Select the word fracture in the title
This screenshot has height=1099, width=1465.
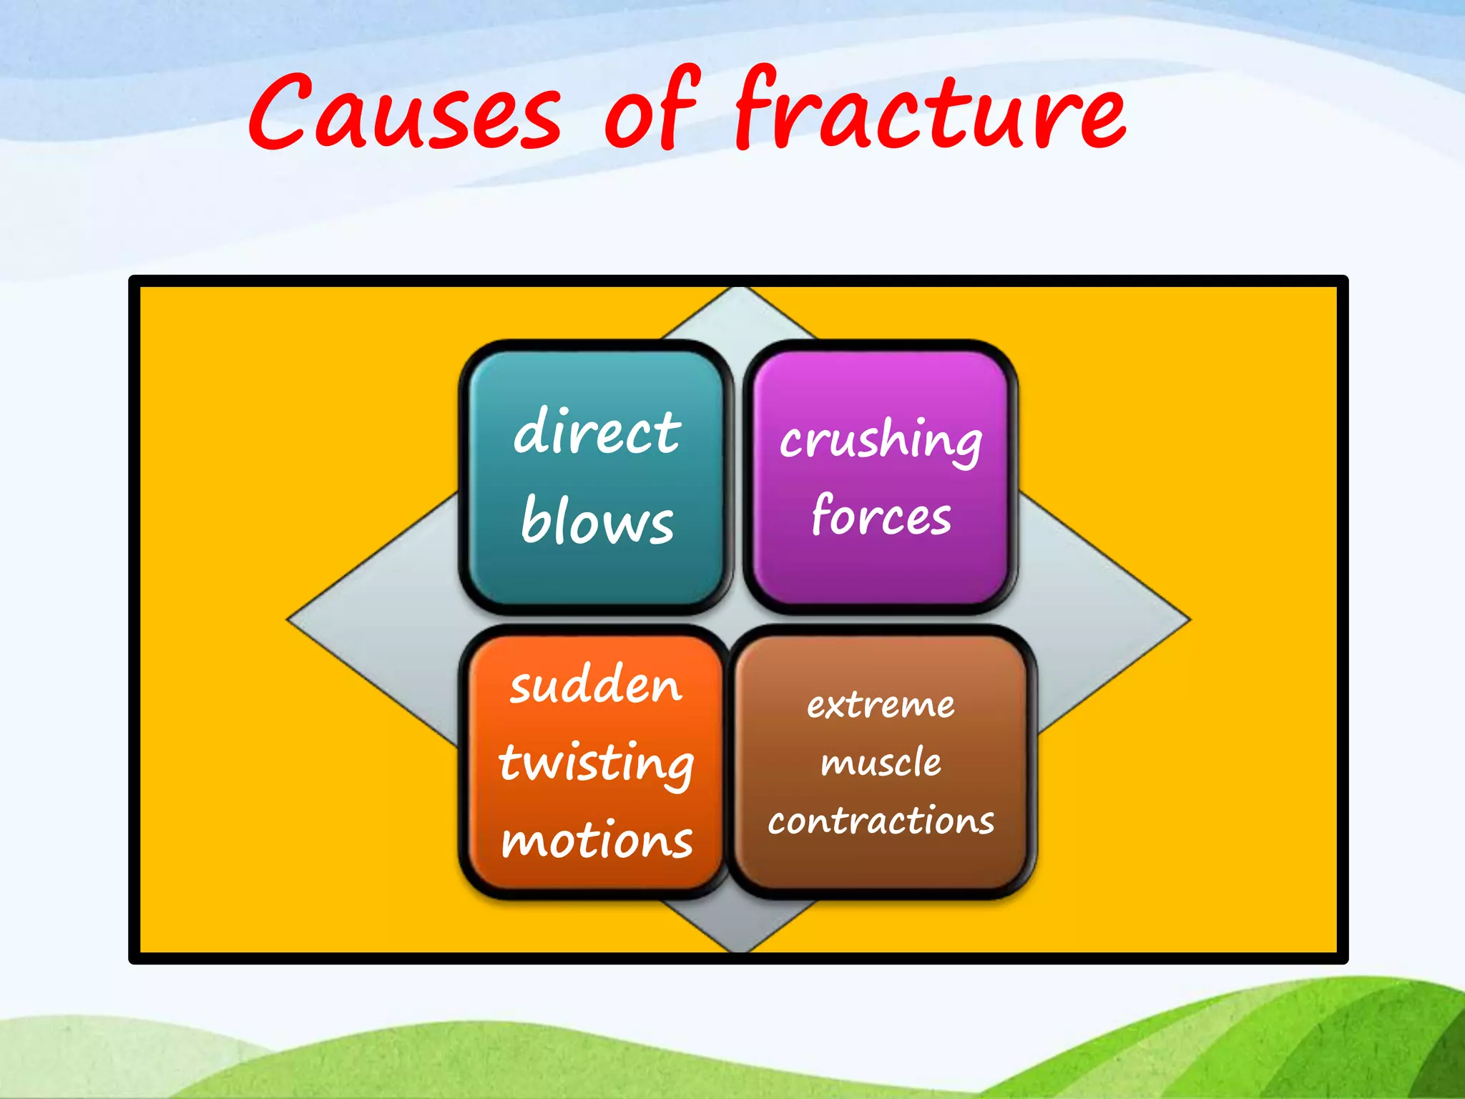coord(930,111)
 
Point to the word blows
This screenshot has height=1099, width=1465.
coord(597,520)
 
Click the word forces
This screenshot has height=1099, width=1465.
coord(881,515)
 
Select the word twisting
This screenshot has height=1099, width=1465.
coord(597,763)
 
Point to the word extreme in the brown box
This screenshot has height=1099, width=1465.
coord(881,705)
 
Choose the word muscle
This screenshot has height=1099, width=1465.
coord(881,762)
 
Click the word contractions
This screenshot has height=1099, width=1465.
coord(881,821)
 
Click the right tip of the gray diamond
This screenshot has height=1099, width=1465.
coord(1189,620)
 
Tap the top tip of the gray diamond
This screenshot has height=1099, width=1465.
coord(740,289)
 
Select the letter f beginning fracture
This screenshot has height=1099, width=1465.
coord(758,107)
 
